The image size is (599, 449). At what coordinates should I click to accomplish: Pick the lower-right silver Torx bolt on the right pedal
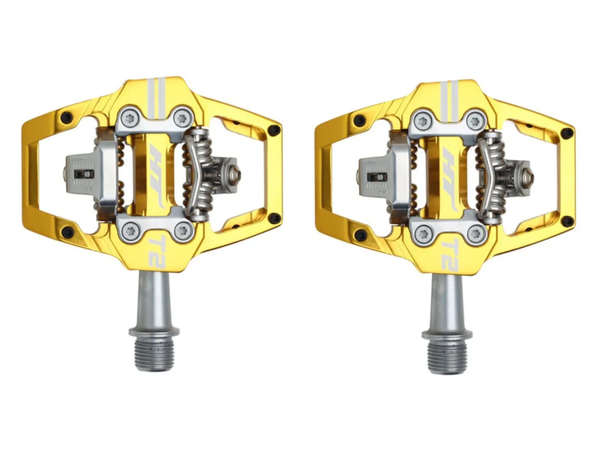coord(475,233)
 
